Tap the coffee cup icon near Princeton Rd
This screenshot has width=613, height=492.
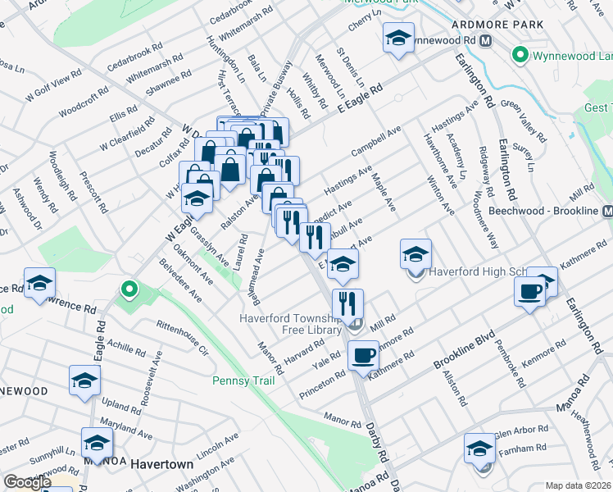pos(363,355)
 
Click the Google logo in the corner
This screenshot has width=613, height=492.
pos(26,482)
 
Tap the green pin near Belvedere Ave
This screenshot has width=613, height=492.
pos(128,289)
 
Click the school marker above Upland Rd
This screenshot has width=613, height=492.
pos(84,380)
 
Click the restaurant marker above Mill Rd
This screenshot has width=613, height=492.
pos(348,303)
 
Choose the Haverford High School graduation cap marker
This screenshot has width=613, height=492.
pos(416,254)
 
